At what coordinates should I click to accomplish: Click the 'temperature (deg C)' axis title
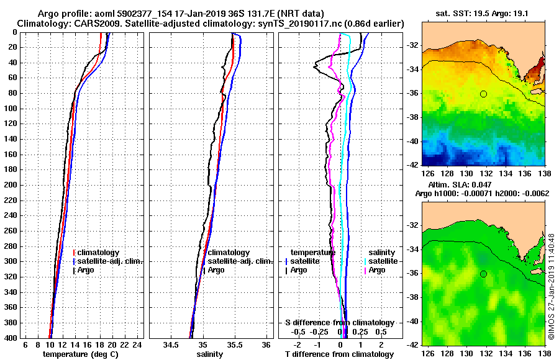click(80, 354)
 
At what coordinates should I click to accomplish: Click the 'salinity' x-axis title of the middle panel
click(210, 354)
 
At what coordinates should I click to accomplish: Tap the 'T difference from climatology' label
click(339, 354)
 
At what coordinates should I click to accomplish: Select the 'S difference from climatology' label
click(340, 323)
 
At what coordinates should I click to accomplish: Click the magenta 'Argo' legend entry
click(377, 270)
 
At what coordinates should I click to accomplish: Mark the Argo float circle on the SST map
click(483, 94)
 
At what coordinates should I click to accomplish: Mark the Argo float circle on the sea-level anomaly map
click(483, 274)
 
